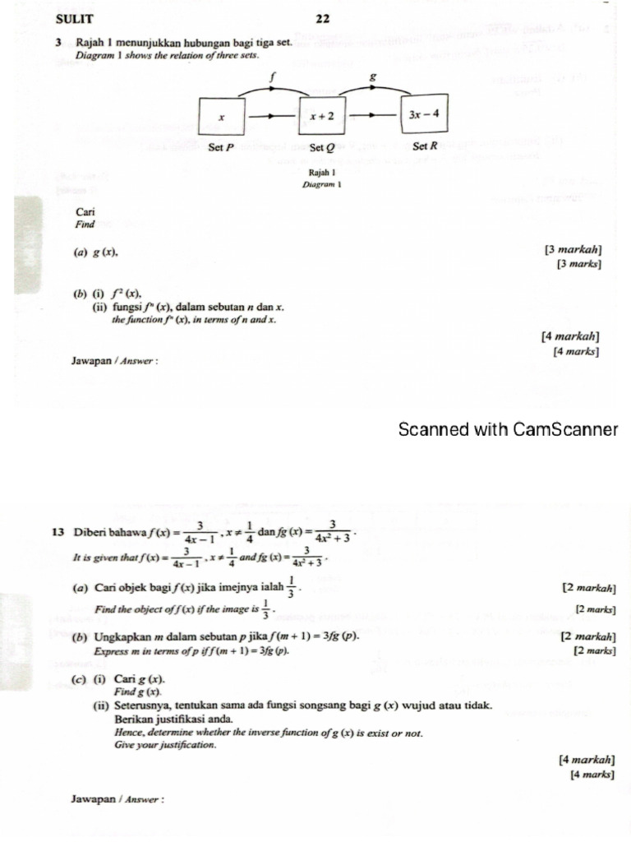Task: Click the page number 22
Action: [321, 19]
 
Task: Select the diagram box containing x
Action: [222, 117]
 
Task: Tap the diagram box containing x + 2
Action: [321, 116]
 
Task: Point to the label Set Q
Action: [321, 148]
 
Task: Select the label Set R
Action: [423, 146]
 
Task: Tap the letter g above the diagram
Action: [372, 76]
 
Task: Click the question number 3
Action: [60, 43]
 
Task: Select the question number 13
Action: [58, 531]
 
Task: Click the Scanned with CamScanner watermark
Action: [507, 429]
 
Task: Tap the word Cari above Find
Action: [85, 211]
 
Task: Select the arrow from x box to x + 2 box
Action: [271, 117]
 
